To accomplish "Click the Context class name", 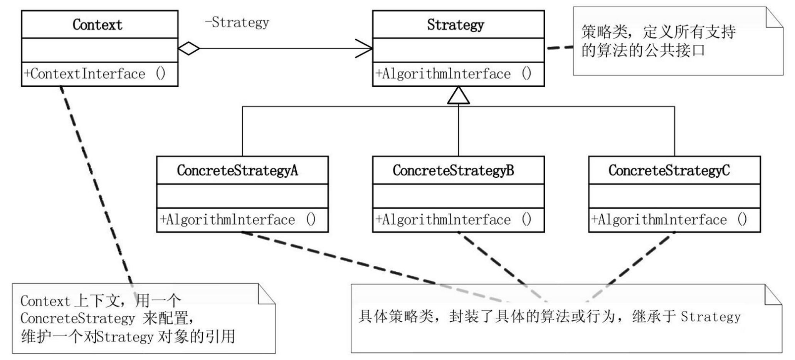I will (x=97, y=25).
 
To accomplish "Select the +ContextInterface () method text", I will (x=95, y=74).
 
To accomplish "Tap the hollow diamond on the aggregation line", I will (x=189, y=49).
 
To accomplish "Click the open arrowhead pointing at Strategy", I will (x=365, y=49).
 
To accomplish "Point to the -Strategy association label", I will (x=237, y=22).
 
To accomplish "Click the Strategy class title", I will (x=455, y=25).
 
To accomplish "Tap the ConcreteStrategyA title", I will (x=237, y=170).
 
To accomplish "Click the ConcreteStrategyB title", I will (x=453, y=170).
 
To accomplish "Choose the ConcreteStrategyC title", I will (x=669, y=170).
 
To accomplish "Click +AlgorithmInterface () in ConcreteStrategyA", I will (x=238, y=220).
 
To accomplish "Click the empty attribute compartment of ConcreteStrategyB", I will (x=458, y=196).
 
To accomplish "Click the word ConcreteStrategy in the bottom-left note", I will (x=77, y=318).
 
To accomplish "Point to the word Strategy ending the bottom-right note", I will (x=711, y=317).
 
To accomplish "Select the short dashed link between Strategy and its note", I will (x=560, y=47).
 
